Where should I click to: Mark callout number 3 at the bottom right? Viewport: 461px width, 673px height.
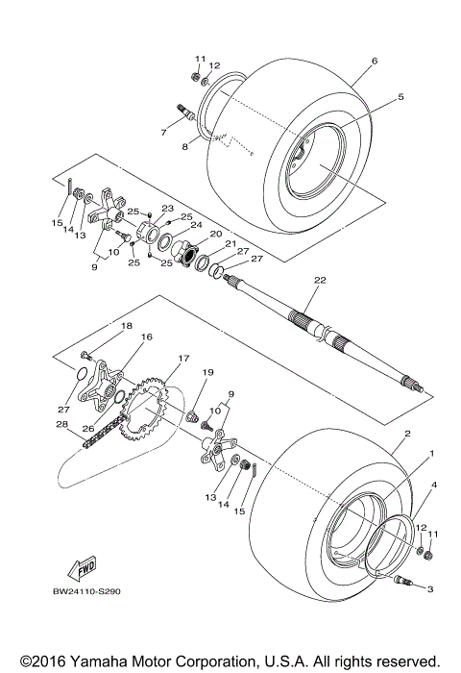(x=430, y=588)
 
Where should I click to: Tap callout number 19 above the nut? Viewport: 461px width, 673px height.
(x=206, y=372)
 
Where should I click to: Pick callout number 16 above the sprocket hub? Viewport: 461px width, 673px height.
(x=147, y=337)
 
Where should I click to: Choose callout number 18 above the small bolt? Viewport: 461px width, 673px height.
(x=126, y=327)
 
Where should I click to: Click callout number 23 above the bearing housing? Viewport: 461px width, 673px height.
(x=166, y=209)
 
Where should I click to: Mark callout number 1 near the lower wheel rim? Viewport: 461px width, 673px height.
(x=431, y=453)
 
